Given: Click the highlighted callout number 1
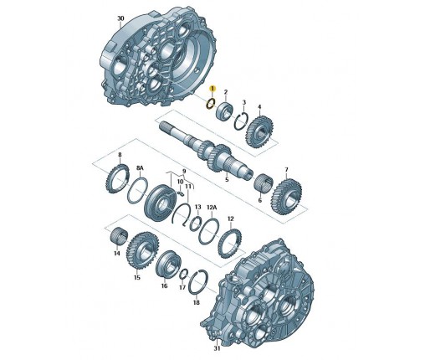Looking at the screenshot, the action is pyautogui.click(x=212, y=89).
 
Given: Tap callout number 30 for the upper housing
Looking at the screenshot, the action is pyautogui.click(x=120, y=18).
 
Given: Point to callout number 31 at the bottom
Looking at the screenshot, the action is pyautogui.click(x=217, y=348).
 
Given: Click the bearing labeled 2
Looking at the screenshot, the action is pyautogui.click(x=225, y=111).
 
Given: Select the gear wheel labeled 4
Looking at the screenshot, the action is pyautogui.click(x=259, y=130).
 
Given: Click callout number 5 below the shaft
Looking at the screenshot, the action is pyautogui.click(x=227, y=179).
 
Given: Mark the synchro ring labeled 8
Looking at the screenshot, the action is pyautogui.click(x=117, y=179).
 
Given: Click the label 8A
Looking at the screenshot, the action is pyautogui.click(x=140, y=168).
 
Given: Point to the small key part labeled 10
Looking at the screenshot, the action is pyautogui.click(x=180, y=193).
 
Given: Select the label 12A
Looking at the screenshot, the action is pyautogui.click(x=212, y=208).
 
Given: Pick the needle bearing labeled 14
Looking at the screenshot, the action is pyautogui.click(x=119, y=237).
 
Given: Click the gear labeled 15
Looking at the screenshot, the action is pyautogui.click(x=142, y=251).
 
